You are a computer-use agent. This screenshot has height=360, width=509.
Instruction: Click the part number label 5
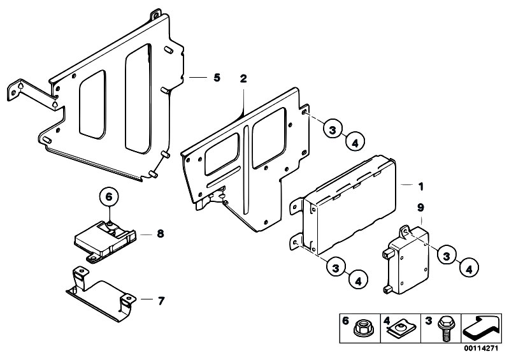pyautogui.click(x=217, y=77)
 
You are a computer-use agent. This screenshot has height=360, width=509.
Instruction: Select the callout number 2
pyautogui.click(x=243, y=79)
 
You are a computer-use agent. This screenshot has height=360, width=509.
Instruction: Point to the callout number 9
pyautogui.click(x=420, y=207)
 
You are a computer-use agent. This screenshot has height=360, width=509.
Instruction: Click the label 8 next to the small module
pyautogui.click(x=160, y=234)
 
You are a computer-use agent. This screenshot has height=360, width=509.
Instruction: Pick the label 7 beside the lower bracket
pyautogui.click(x=160, y=299)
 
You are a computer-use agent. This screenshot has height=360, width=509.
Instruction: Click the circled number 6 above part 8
pyautogui.click(x=108, y=196)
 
